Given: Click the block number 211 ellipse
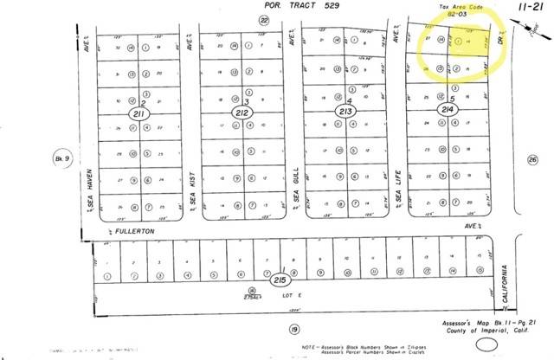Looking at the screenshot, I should click(140, 113).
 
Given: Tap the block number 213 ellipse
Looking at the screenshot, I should click(346, 112).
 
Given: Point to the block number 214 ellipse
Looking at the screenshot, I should click(448, 111).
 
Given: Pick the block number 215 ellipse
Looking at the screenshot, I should click(280, 280).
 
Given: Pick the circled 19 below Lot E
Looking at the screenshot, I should click(293, 330).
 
